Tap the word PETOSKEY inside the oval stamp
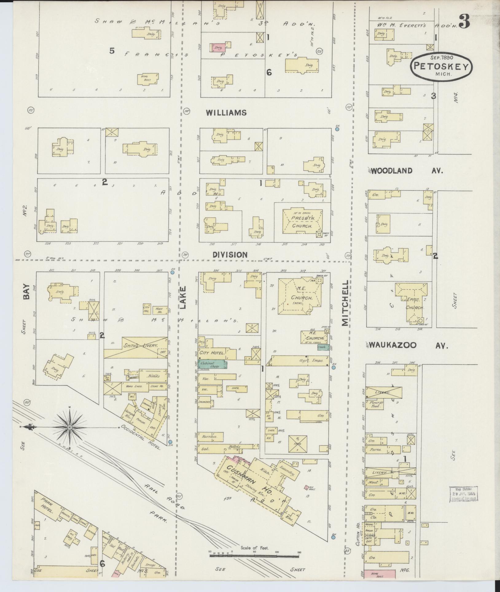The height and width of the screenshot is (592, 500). [x=441, y=66]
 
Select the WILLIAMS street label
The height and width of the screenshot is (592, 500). [x=226, y=113]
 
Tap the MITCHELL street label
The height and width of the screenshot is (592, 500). [x=346, y=303]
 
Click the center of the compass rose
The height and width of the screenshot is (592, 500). [x=70, y=428]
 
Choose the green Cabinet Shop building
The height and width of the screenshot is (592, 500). [x=213, y=364]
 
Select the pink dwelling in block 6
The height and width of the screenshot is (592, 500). [x=217, y=47]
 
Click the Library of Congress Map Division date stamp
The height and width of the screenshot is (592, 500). [x=464, y=494]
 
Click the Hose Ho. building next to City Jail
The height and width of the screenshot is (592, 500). [x=160, y=308]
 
